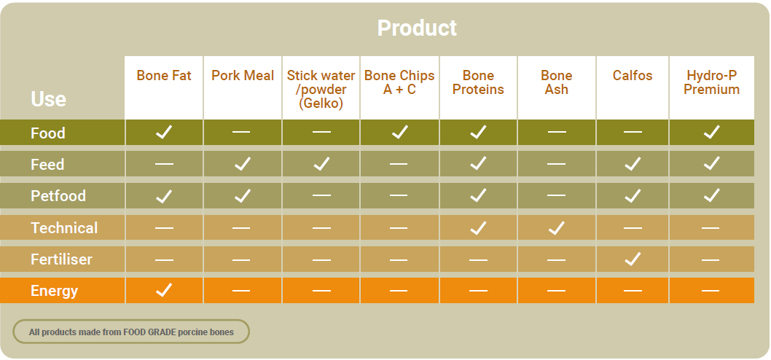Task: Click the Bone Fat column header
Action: pos(164,76)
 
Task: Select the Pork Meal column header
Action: pos(243,76)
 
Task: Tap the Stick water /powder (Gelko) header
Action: pos(321,90)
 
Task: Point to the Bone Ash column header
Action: pos(557,82)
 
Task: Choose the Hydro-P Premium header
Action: pos(711,82)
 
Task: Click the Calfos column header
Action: pos(633,76)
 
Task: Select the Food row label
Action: pos(47,133)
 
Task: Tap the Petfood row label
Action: pos(58,196)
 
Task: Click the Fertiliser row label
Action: pos(61,259)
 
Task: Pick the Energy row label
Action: pos(54,291)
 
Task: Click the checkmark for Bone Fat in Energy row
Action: pos(164,290)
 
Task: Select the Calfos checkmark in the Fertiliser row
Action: pos(633,259)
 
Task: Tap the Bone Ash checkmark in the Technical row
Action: pos(557,227)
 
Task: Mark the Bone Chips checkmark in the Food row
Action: pos(400,132)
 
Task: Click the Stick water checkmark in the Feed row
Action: pos(321,163)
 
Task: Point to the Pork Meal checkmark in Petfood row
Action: pos(243,196)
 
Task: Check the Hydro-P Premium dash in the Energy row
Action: pos(711,291)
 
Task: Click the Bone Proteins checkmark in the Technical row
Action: pos(478,227)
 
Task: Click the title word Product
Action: pos(417,28)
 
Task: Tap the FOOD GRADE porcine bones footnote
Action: pos(131,332)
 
